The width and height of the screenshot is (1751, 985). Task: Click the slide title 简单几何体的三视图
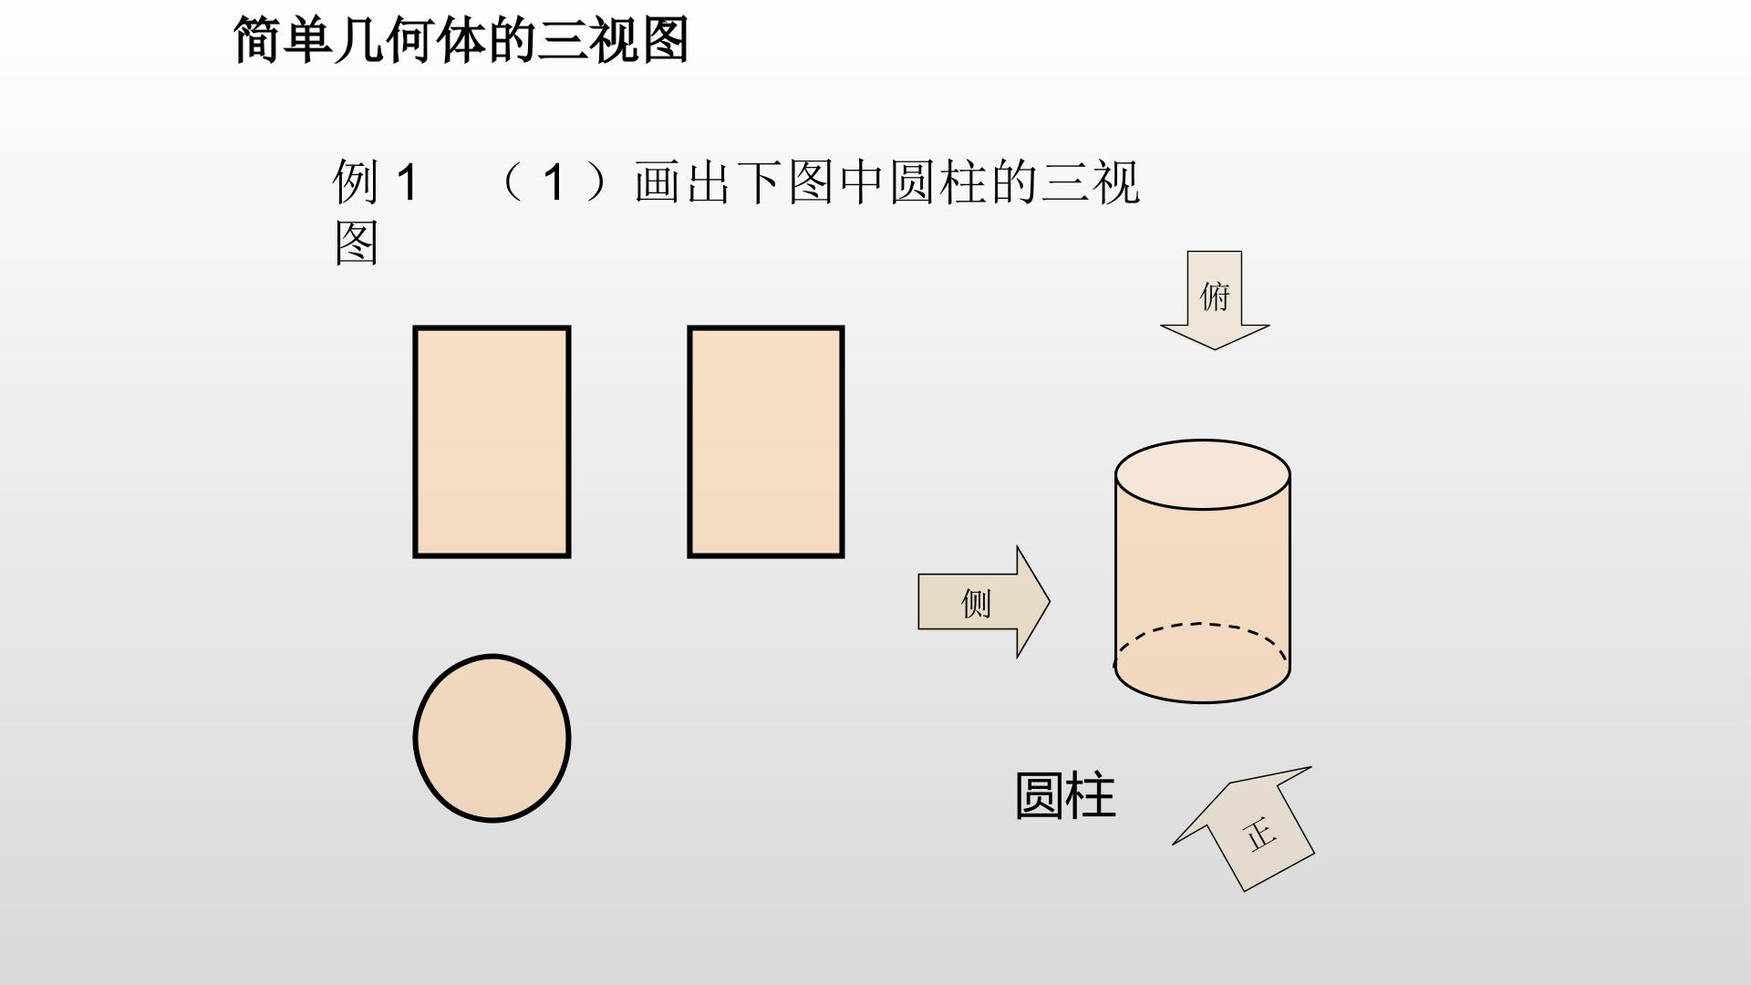pos(461,40)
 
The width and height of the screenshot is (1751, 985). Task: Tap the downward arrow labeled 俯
pos(1215,300)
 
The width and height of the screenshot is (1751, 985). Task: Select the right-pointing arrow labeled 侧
pos(984,602)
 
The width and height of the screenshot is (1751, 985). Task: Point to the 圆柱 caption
pos(1065,795)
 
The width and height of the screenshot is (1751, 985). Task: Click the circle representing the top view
pos(492,738)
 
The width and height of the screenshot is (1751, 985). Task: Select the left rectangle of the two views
pos(492,441)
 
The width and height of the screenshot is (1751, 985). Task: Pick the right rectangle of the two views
pos(766,441)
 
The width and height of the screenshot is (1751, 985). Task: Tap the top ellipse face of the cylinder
pos(1202,474)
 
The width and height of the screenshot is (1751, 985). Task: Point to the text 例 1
pos(375,181)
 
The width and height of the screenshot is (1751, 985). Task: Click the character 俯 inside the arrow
pos(1215,296)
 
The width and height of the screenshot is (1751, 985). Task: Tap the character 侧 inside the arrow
pos(976,603)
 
